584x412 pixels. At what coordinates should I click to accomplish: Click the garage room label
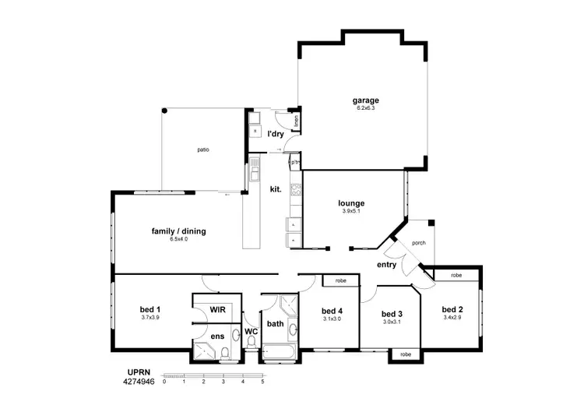click(365, 100)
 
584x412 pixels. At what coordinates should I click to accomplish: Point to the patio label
click(202, 150)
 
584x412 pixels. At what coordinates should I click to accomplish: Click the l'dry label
click(275, 134)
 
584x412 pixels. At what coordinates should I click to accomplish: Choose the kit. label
click(275, 188)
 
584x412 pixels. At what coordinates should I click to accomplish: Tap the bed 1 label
click(150, 309)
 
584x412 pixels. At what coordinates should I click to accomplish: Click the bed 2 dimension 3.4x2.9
click(452, 317)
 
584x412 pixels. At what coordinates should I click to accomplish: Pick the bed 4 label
click(332, 310)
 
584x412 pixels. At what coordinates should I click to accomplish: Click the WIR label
click(218, 309)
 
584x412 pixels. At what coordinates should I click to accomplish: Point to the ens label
click(218, 336)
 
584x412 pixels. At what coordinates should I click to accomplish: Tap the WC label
click(251, 331)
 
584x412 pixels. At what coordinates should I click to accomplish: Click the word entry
click(386, 265)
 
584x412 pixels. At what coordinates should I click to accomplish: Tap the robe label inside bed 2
click(456, 275)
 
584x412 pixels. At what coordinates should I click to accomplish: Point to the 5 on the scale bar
click(262, 382)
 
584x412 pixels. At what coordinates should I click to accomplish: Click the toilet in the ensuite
click(224, 354)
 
